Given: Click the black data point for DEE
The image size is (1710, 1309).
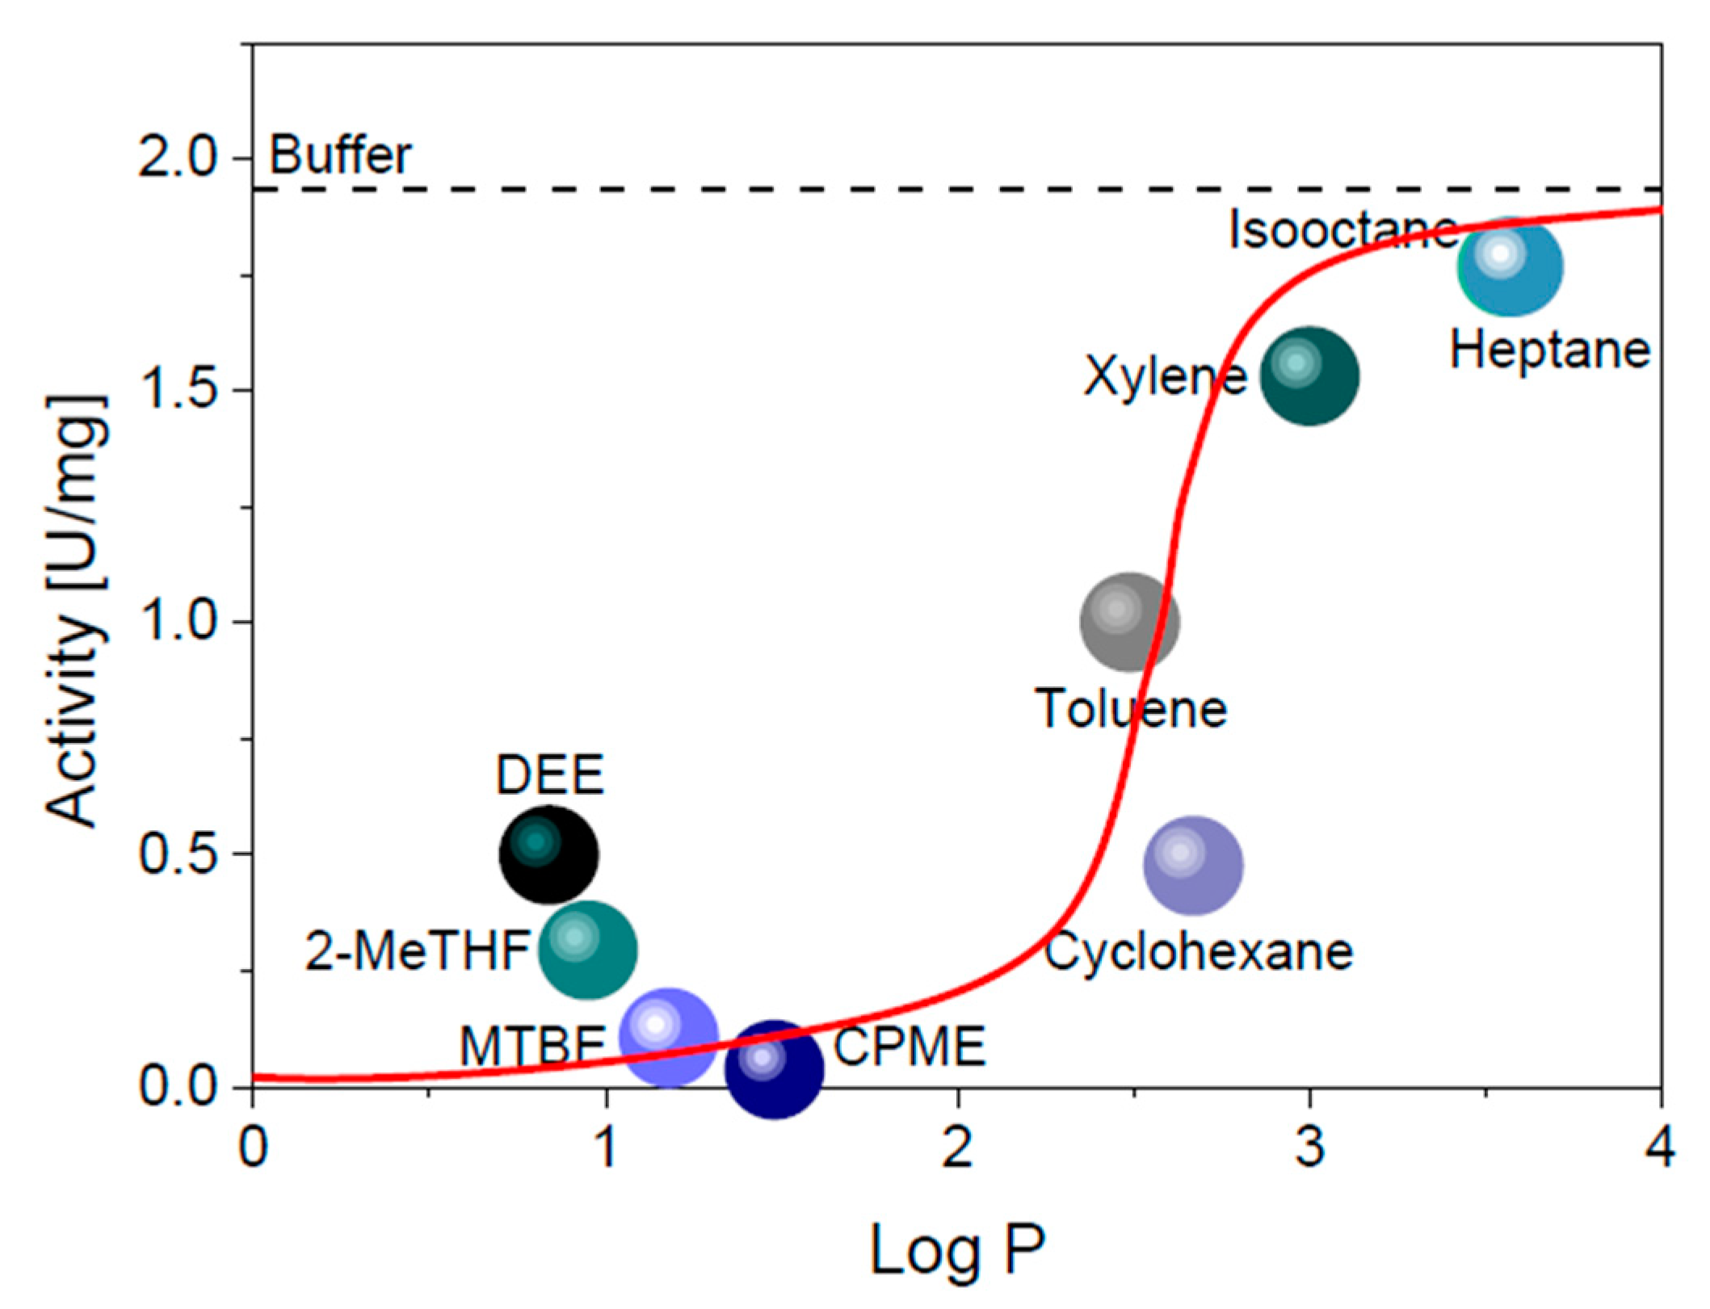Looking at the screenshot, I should (x=548, y=854).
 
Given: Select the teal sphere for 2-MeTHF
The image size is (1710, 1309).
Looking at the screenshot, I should (x=588, y=950).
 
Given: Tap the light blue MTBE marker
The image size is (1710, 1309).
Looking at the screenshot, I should (x=668, y=1037).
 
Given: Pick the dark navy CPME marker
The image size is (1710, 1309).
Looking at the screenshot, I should (x=774, y=1069).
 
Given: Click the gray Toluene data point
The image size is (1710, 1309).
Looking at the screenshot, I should (x=1130, y=623).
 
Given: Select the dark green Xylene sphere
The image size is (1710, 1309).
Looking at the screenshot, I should (x=1309, y=376).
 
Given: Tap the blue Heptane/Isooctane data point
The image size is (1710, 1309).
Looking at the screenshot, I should (x=1510, y=266).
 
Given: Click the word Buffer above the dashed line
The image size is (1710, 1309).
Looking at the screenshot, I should (x=340, y=155).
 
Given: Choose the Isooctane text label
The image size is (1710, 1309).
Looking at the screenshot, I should (x=1341, y=229).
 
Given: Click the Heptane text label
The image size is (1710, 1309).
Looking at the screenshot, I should (x=1549, y=350).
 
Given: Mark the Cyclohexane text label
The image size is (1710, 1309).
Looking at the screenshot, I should (x=1199, y=952).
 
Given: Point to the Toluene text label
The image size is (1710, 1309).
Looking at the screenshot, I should (x=1131, y=709).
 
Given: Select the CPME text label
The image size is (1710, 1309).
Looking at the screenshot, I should (x=909, y=1047).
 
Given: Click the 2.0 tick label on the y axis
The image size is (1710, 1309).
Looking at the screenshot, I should (x=180, y=158).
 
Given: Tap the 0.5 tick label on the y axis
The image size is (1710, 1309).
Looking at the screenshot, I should (x=180, y=854).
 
